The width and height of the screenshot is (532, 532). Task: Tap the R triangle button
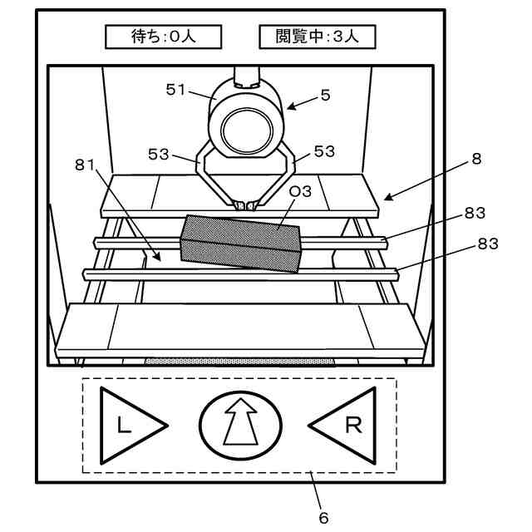(x=347, y=426)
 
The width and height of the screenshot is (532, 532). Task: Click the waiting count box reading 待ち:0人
(x=163, y=37)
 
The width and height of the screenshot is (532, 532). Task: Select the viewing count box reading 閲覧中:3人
(x=316, y=37)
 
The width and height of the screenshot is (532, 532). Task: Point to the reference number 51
(x=176, y=91)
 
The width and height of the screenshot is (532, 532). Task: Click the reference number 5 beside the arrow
(x=325, y=95)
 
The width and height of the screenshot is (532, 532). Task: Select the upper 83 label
(x=475, y=213)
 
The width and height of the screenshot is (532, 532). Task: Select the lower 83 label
(x=487, y=245)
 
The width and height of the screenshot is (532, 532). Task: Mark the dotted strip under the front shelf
(x=241, y=362)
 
